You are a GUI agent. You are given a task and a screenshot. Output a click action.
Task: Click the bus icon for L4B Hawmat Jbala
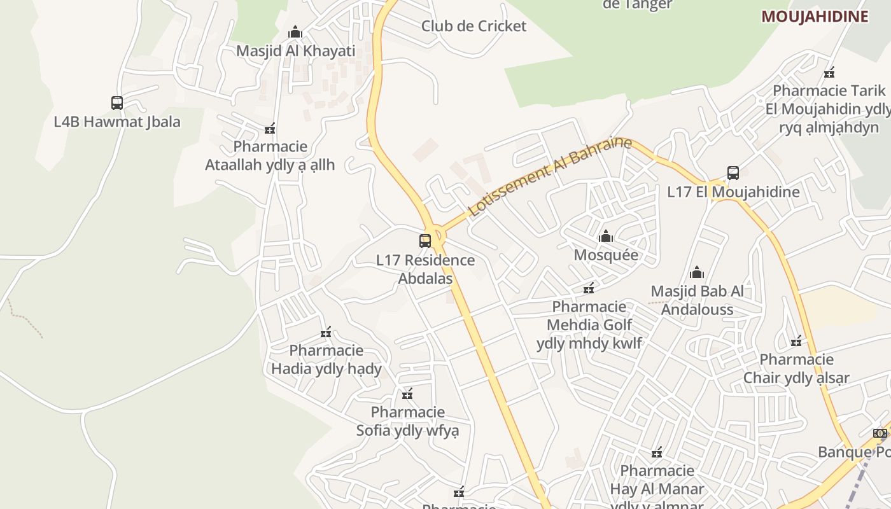(117, 102)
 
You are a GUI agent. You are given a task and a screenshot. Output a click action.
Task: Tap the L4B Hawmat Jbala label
(117, 122)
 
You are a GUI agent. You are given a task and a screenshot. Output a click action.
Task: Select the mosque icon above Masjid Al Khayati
(295, 32)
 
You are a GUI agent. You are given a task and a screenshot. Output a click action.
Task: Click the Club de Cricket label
(474, 26)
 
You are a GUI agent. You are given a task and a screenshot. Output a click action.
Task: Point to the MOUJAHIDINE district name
(815, 17)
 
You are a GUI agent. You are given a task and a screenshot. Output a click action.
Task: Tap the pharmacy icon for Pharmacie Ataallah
(270, 129)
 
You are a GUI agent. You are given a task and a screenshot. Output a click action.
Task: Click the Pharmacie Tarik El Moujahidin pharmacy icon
(829, 73)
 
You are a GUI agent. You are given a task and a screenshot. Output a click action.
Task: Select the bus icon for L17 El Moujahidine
(733, 172)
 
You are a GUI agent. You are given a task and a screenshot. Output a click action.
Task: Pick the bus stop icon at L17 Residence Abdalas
(425, 241)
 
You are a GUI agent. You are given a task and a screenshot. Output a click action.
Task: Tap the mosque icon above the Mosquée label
(606, 237)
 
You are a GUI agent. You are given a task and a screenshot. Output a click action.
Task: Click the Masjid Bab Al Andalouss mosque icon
(697, 273)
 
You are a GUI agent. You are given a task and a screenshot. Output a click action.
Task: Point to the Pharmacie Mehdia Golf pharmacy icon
(589, 288)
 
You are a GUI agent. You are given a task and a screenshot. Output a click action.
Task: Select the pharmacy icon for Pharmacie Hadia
(326, 332)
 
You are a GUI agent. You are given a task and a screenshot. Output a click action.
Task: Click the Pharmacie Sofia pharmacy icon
(407, 394)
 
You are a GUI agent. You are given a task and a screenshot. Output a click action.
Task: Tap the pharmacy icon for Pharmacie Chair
(796, 342)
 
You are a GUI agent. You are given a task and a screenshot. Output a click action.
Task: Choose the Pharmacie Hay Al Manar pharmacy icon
(657, 453)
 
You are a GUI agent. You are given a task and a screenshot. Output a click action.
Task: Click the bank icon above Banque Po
(880, 433)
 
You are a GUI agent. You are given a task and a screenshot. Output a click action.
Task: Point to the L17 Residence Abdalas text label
(425, 269)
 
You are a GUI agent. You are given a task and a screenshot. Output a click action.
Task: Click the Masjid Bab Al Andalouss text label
(697, 300)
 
